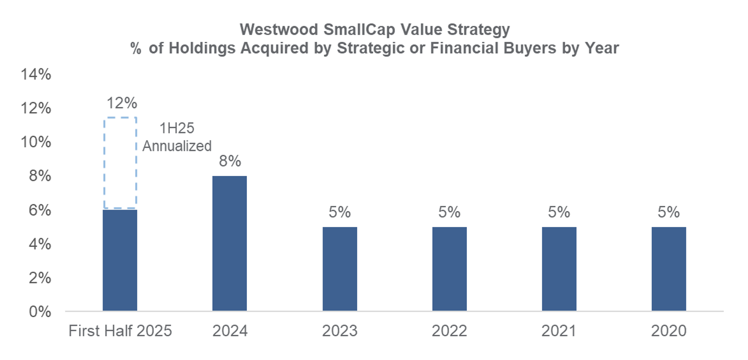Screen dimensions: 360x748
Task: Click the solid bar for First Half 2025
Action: [120, 260]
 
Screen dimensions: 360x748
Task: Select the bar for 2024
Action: [230, 243]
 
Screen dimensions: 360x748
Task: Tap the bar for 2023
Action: [340, 269]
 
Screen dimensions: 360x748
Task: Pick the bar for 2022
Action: [450, 269]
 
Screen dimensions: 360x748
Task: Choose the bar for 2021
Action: [559, 269]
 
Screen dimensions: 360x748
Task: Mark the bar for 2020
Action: [669, 269]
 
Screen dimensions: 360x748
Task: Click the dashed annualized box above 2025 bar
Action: [120, 163]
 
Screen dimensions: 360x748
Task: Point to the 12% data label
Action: [122, 103]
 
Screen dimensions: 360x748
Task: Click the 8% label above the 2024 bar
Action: [230, 161]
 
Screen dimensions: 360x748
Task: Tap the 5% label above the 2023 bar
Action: [340, 212]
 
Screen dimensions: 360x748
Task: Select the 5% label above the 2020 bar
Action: [669, 212]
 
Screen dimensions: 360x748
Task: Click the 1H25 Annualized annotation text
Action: [177, 137]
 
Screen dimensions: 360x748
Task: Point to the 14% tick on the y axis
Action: [36, 74]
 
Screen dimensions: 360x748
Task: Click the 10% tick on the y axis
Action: [36, 142]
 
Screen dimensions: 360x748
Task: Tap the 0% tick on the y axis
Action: [40, 312]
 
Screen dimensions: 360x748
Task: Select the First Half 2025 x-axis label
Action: [120, 331]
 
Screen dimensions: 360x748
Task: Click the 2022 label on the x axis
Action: [450, 331]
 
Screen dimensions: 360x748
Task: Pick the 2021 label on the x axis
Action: [559, 331]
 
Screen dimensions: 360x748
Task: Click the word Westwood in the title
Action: [279, 30]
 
